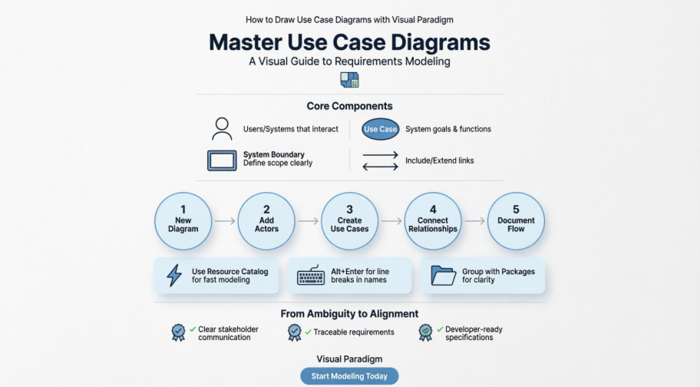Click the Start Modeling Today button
coord(349,376)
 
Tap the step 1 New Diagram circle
coord(183,221)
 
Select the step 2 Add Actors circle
coord(266,221)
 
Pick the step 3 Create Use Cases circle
coord(349,221)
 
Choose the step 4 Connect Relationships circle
coord(433,221)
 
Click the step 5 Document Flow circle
coord(516,221)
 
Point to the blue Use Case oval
coord(381,129)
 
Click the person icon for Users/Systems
coord(223,128)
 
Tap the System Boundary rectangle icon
coord(222,160)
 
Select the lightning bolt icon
coord(174,276)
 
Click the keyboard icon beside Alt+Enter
coord(311,276)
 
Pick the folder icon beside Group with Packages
coord(443,276)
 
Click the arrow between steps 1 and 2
coord(225,221)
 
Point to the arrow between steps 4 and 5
coord(474,221)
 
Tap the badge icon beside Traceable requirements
coord(294,332)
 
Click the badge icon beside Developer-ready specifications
coord(425,332)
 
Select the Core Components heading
coord(349,106)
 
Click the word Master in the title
coord(250,41)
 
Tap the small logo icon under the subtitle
coord(349,80)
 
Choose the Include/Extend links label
coord(439,160)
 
